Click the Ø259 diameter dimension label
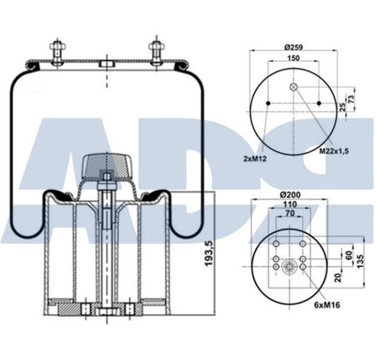pos(294,47)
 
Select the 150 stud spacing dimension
pos(293,58)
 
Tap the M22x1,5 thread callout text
pos(334,151)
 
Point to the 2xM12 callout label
pos(255,158)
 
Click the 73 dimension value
pos(351,98)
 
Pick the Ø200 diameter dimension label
pos(290,195)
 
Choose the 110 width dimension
pos(290,205)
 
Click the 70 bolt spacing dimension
pos(290,213)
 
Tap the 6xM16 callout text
pos(327,305)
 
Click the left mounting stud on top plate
pos(57,53)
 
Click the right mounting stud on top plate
pos(156,53)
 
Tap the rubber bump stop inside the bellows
pos(107,167)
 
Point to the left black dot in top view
pos(268,103)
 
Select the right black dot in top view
pos(319,103)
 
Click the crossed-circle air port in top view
pos(294,87)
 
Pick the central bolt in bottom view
pos(290,266)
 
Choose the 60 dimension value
pos(350,255)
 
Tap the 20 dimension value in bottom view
pos(338,278)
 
